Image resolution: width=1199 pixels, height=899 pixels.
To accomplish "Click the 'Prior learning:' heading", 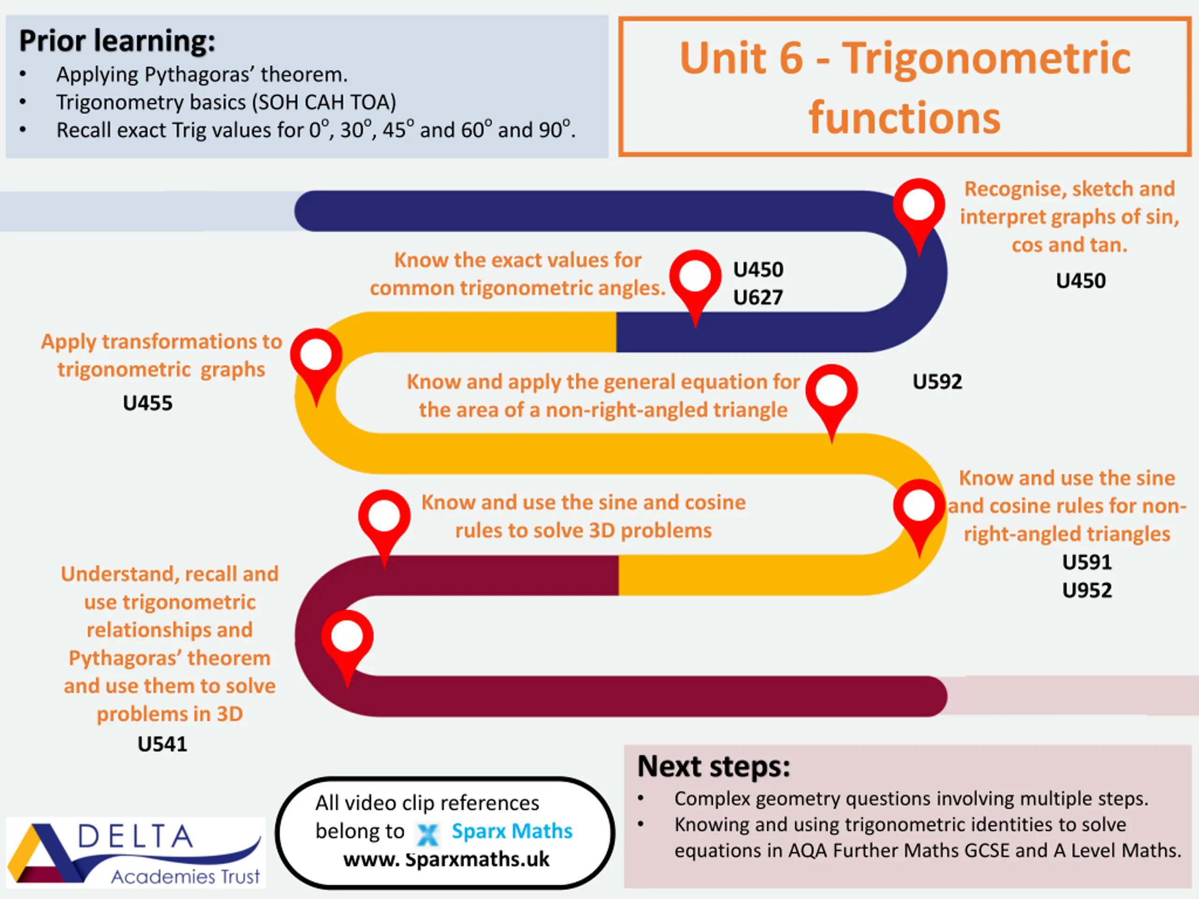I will point(117,41).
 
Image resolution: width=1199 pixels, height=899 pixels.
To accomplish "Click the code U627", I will point(758,297).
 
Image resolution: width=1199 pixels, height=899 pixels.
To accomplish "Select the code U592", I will point(937,382).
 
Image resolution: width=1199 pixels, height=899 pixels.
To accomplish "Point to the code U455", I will point(148,403).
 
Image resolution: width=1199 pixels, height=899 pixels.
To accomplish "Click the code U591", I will point(1087,562).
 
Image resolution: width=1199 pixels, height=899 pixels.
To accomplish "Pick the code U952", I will point(1087,590).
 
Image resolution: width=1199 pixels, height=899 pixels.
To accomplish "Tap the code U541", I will point(162,744).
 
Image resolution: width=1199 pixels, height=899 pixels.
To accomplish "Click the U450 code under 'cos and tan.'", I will point(1081,280).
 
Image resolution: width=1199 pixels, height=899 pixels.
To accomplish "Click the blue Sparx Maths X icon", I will point(428,834).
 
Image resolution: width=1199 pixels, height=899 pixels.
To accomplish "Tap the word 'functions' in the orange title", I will point(904,118).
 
